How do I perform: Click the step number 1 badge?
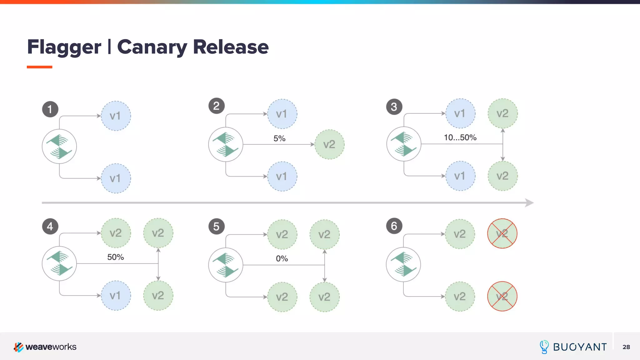[50, 109]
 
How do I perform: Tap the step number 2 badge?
[216, 106]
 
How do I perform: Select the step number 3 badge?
[394, 107]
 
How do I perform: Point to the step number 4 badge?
[50, 226]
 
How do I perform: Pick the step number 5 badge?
[216, 227]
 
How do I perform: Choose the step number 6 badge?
[394, 226]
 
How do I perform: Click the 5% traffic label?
[279, 138]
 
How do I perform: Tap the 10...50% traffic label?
[460, 137]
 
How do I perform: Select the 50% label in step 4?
[116, 257]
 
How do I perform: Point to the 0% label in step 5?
[282, 258]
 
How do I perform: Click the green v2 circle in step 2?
[329, 144]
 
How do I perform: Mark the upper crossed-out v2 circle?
[502, 233]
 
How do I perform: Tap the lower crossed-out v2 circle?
[502, 296]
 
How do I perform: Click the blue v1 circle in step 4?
[116, 295]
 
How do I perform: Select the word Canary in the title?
[152, 47]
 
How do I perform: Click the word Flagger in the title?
[64, 47]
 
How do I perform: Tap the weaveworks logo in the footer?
[45, 347]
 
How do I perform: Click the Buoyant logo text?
[580, 347]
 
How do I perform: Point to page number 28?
[626, 347]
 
